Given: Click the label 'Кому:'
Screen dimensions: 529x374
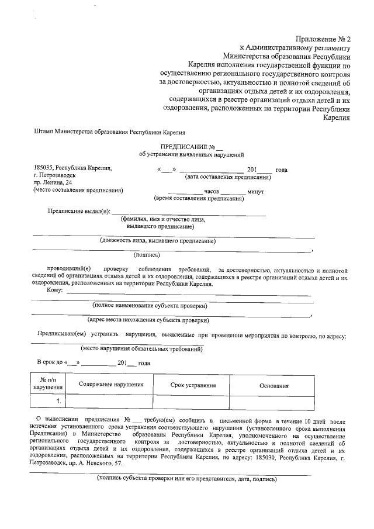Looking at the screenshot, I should (x=54, y=291).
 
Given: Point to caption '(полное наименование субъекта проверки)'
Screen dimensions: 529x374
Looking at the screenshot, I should (x=150, y=306).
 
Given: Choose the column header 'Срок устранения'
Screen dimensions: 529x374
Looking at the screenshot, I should (x=193, y=385).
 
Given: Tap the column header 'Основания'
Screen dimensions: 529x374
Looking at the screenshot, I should (x=274, y=386).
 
